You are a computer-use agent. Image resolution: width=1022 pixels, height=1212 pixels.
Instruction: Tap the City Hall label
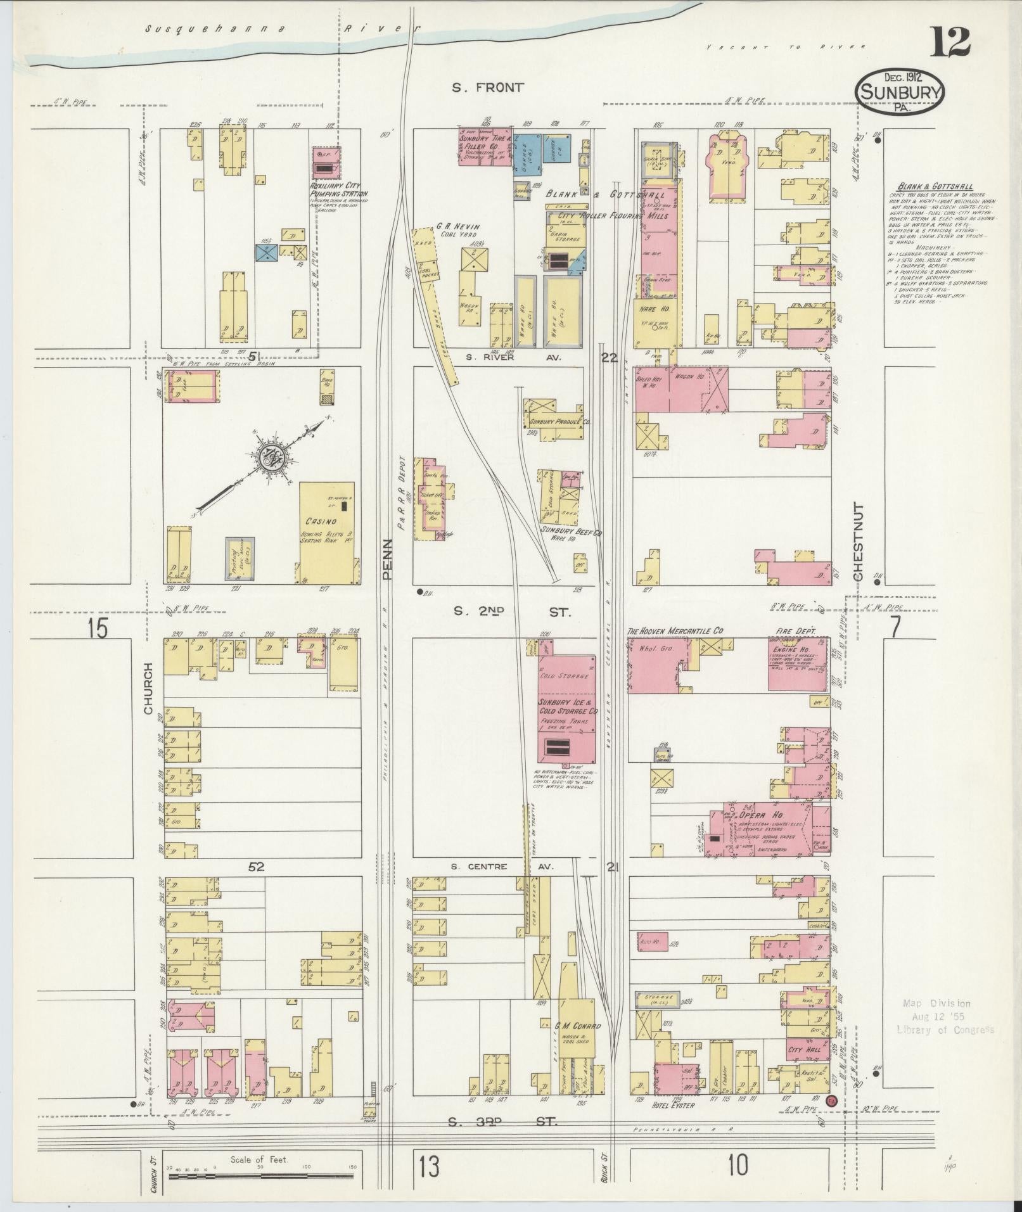pos(804,1049)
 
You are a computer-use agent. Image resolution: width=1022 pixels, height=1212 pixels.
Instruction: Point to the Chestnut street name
pos(859,542)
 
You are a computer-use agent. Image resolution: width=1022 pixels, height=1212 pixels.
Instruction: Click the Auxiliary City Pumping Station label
pos(338,194)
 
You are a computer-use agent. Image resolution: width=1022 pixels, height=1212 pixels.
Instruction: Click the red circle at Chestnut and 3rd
pos(831,1101)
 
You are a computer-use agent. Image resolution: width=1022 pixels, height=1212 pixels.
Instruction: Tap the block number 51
pos(255,357)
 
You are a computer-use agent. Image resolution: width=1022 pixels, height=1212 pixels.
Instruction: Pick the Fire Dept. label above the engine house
pos(796,631)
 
